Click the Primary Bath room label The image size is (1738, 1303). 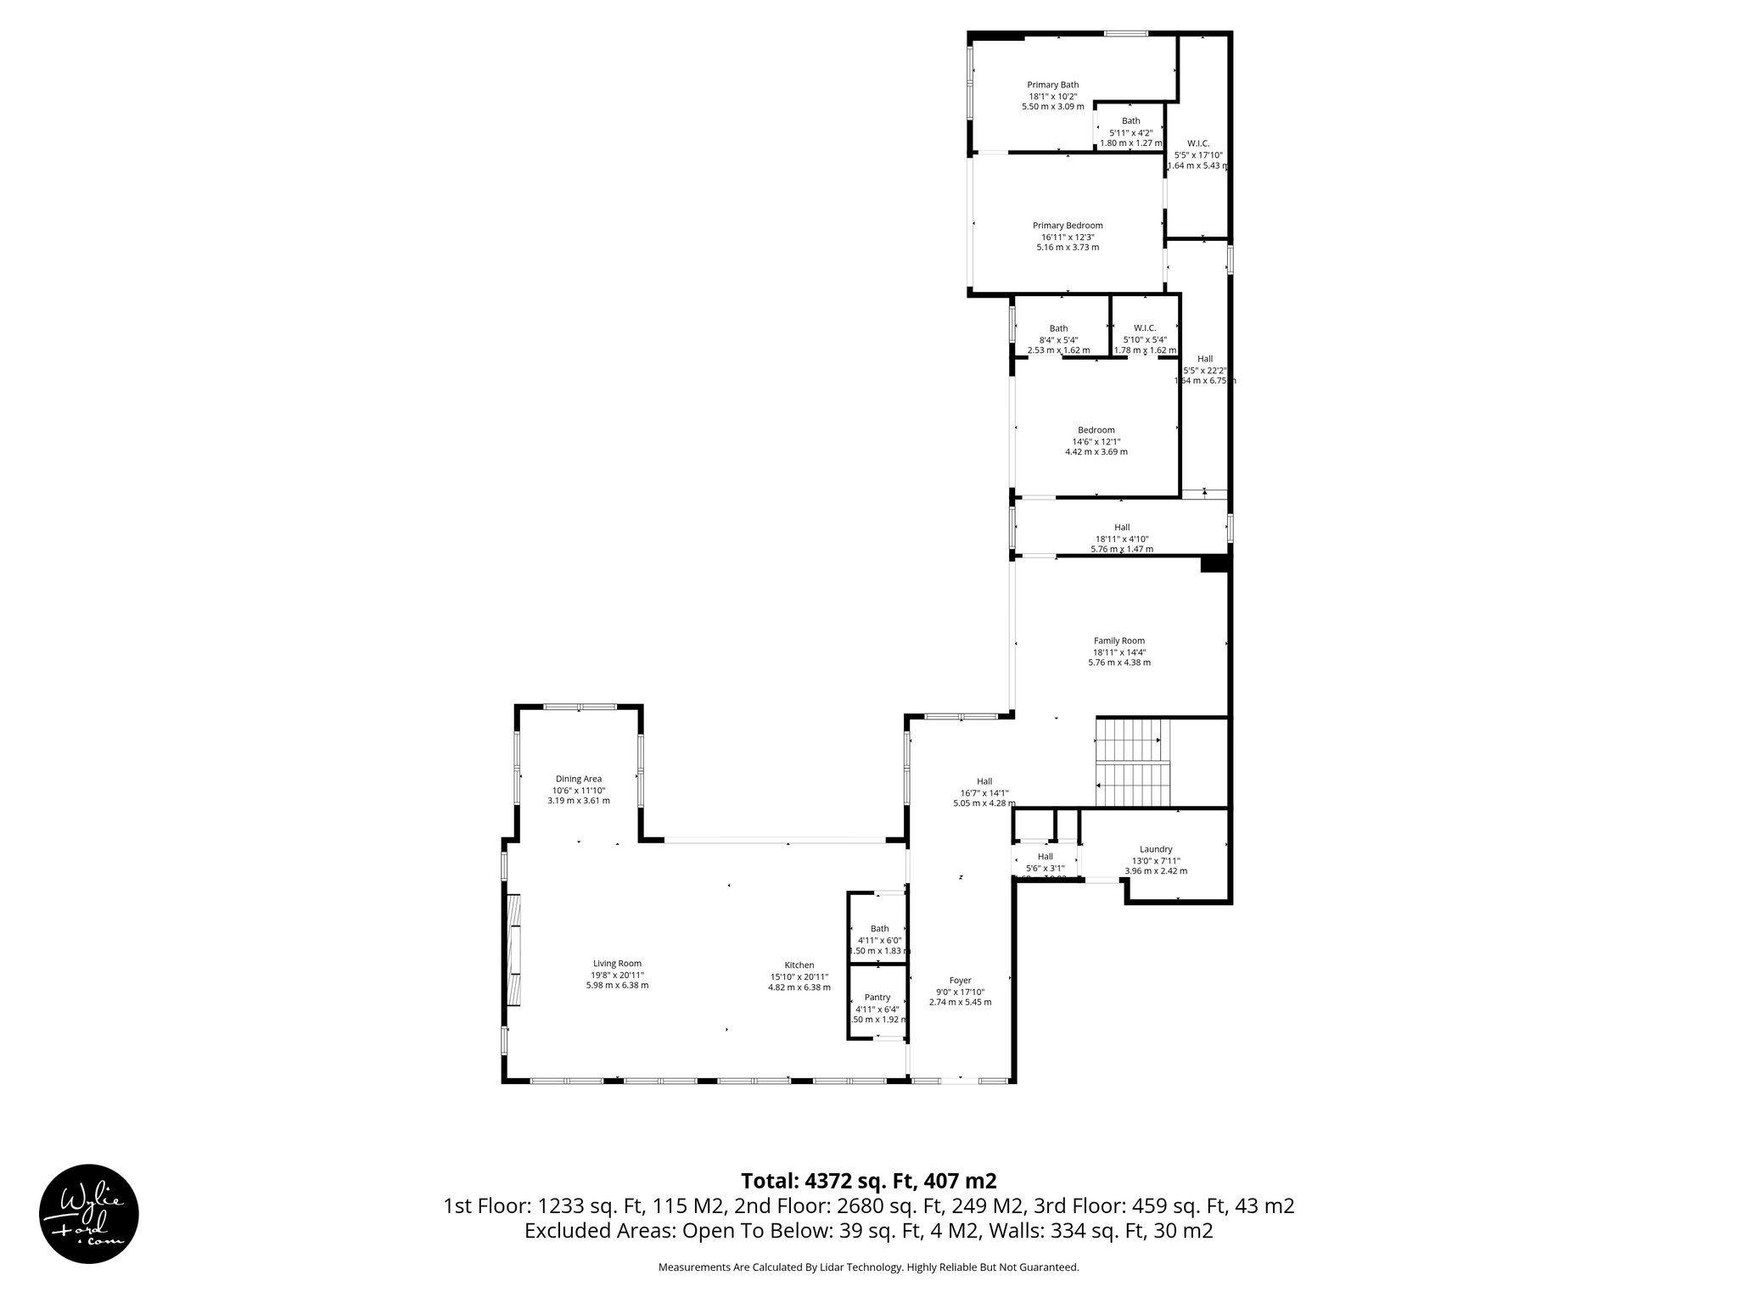pos(1052,85)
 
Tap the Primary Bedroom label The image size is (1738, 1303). pos(1067,226)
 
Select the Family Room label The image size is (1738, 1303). pos(1118,641)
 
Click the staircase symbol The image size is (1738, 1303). pos(1132,763)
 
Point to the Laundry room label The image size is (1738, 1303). pos(1155,849)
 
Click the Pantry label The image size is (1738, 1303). pos(877,998)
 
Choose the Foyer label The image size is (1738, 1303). pos(960,981)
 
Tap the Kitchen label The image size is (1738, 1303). pos(799,965)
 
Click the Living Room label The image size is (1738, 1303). pos(617,964)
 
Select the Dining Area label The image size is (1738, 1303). pos(578,779)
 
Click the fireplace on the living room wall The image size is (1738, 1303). pos(513,951)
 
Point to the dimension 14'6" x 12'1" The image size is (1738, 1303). pos(1096,441)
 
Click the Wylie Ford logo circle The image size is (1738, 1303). pos(89,1213)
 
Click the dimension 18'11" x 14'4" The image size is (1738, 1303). pos(1118,652)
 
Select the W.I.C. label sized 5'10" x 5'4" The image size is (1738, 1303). pos(1144,328)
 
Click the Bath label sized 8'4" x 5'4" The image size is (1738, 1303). pos(1058,328)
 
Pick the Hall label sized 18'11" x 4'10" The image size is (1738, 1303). pos(1121,528)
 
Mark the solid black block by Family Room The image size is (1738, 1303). pos(1214,564)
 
